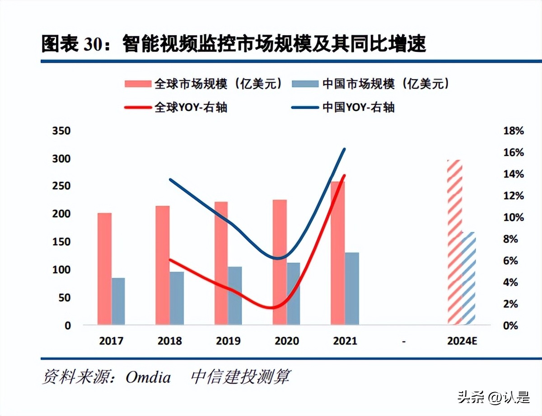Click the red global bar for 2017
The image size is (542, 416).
104,268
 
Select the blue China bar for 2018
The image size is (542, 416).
177,298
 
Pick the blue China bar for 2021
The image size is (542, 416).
352,288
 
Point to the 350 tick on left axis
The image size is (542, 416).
61,131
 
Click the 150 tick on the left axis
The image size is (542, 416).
61,242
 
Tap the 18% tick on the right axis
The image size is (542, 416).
513,131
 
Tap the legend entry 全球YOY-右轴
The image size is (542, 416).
190,107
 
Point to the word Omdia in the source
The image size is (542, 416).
148,377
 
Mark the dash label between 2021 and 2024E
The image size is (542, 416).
403,342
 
